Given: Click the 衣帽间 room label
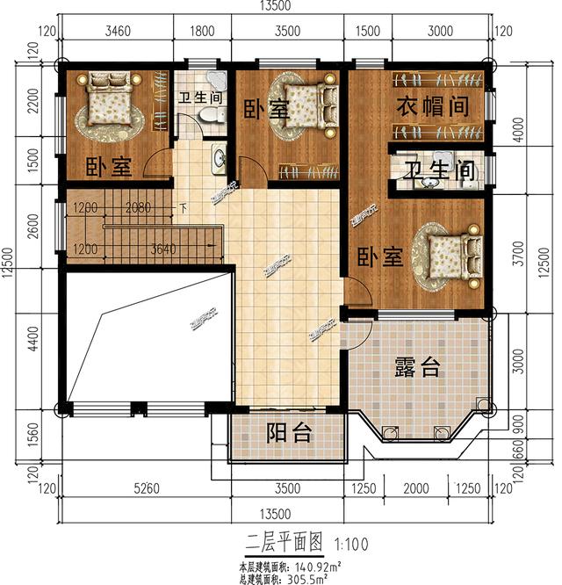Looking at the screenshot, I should (x=429, y=106).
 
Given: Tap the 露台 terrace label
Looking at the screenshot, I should (x=416, y=368).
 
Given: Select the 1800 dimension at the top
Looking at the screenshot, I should (x=202, y=32).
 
